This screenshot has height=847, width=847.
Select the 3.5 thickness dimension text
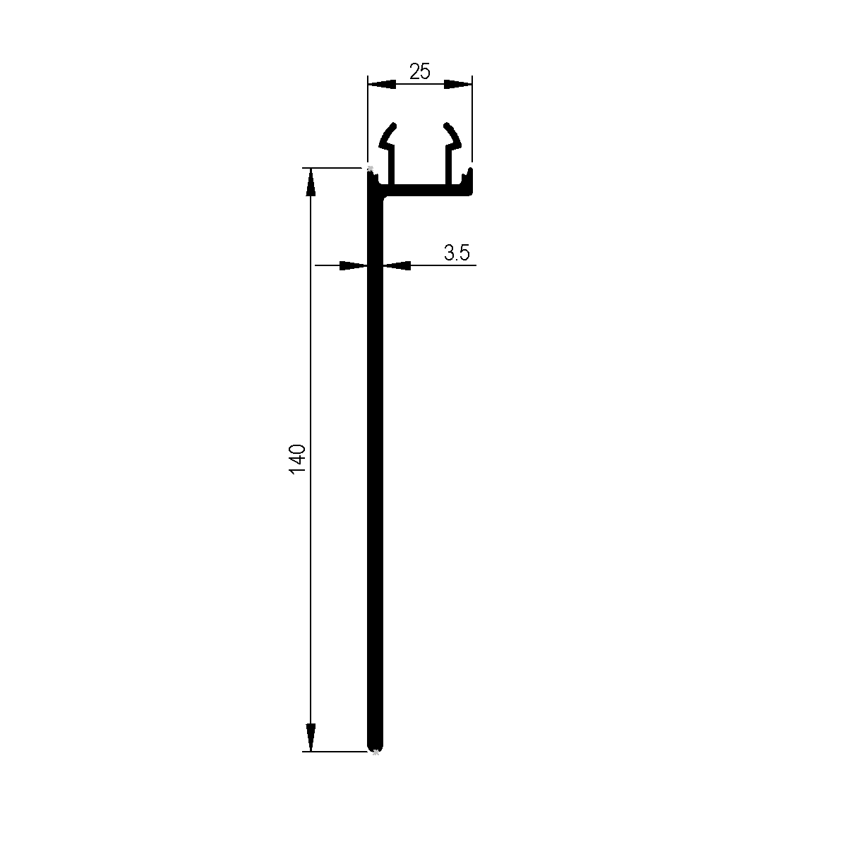point(457,253)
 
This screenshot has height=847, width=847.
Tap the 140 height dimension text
point(298,459)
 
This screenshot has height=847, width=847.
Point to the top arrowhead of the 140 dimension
point(310,182)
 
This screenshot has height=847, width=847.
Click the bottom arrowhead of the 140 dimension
point(310,738)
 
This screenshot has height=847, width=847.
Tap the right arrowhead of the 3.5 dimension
point(397,266)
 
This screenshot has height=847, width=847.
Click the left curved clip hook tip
point(390,129)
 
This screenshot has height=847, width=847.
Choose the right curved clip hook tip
point(450,129)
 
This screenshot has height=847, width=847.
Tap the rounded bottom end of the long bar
point(376,745)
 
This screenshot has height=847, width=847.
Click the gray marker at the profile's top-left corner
point(370,168)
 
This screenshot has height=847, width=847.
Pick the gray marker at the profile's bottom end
point(376,752)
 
